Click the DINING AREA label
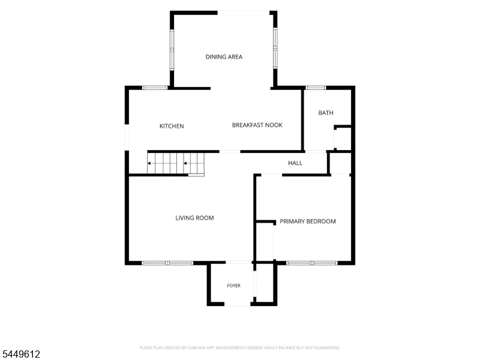click(224, 57)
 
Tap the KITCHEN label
click(172, 126)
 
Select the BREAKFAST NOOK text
click(257, 125)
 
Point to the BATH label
click(326, 113)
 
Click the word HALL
click(295, 163)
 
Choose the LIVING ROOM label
click(194, 218)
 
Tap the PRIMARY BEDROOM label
click(308, 221)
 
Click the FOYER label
click(233, 286)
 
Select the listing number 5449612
click(20, 354)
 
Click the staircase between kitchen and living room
click(176, 163)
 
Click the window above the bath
click(316, 88)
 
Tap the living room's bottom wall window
click(167, 263)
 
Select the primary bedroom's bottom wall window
click(311, 263)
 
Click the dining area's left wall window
click(172, 49)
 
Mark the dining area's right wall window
click(275, 48)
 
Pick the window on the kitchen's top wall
click(155, 88)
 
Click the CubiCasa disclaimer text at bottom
click(239, 348)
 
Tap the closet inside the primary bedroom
click(265, 242)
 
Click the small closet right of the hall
click(340, 163)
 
